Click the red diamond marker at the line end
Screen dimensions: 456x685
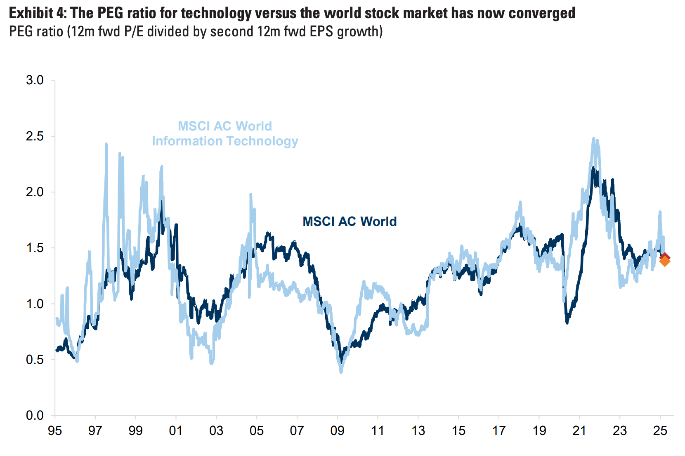coord(665,257)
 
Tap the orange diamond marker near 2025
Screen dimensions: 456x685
coord(665,261)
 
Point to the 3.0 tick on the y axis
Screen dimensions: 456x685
coord(35,80)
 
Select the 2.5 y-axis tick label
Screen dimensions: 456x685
coord(35,136)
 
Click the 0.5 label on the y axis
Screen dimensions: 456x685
coord(35,360)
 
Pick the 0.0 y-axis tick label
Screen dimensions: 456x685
coord(35,416)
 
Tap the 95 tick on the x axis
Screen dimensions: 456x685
coord(55,431)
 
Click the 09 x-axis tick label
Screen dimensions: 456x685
coord(337,431)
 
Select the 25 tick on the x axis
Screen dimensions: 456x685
coord(660,431)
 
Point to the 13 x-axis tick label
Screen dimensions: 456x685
coord(418,431)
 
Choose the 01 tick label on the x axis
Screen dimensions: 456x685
coord(176,431)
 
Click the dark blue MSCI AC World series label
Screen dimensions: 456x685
coord(350,221)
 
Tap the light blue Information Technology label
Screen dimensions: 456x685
coord(225,141)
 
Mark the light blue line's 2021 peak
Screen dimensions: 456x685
coord(594,139)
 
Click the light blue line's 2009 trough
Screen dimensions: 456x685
coord(341,372)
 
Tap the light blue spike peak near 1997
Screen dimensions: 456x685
coord(106,144)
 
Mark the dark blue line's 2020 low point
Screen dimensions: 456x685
coord(567,323)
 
